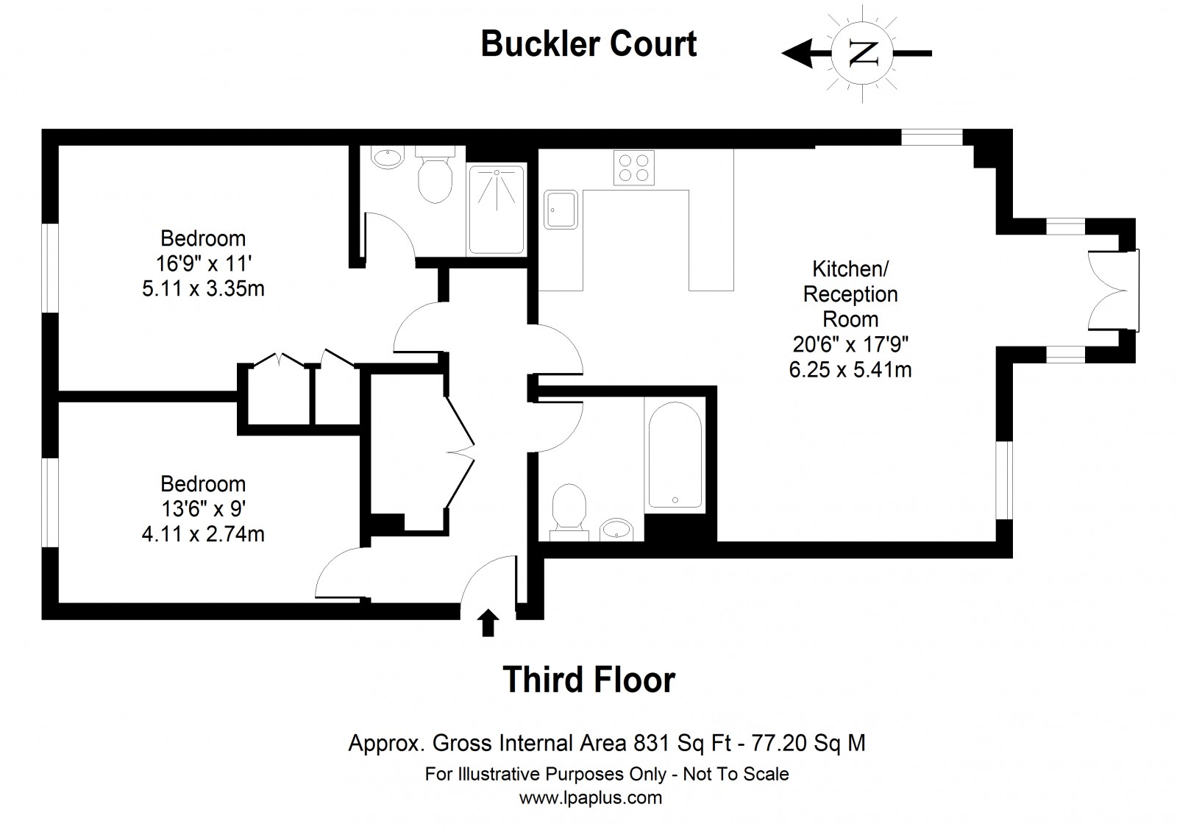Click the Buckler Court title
[588, 44]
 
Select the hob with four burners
[634, 167]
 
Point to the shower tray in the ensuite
[497, 210]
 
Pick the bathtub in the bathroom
[675, 453]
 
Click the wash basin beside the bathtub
[616, 528]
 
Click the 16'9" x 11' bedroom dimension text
[203, 263]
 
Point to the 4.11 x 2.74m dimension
[203, 533]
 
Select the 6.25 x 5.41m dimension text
[850, 369]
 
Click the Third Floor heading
[588, 680]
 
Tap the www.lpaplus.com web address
[590, 797]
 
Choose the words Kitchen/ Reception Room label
[850, 294]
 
